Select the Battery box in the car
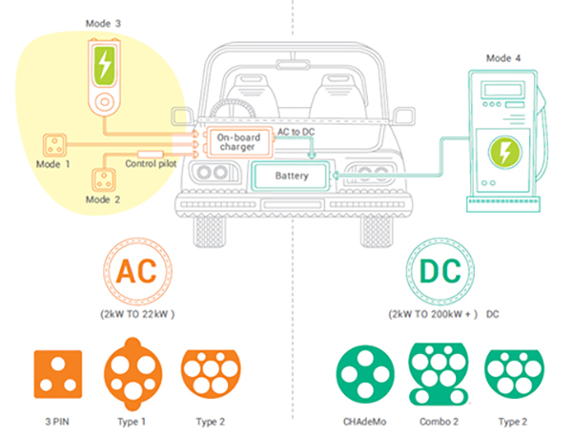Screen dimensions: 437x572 pyautogui.click(x=292, y=177)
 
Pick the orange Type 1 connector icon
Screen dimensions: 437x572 pyautogui.click(x=134, y=373)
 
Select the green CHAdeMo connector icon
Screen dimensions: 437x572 pyautogui.click(x=364, y=372)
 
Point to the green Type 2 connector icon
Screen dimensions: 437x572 pyautogui.click(x=512, y=371)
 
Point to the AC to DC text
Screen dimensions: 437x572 pyautogui.click(x=296, y=131)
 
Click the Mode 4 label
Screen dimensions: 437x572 pyautogui.click(x=503, y=58)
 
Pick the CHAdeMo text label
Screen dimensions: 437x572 pyautogui.click(x=363, y=421)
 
